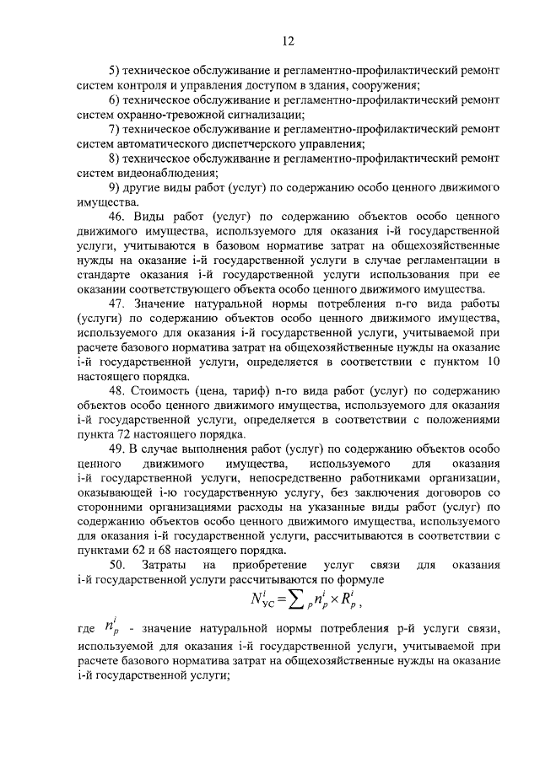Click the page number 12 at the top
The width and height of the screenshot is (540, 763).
[287, 41]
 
